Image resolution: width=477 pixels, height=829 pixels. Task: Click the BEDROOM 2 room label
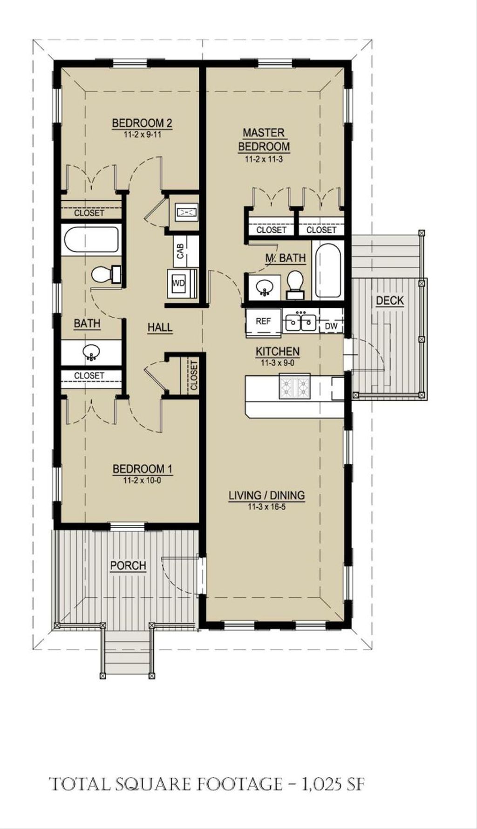click(x=142, y=123)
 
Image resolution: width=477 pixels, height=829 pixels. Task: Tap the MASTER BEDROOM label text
click(x=264, y=140)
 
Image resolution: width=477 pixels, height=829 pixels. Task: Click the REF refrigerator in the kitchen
click(x=263, y=321)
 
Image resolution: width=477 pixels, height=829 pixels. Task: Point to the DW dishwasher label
click(x=331, y=326)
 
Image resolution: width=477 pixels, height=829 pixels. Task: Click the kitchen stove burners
click(x=294, y=387)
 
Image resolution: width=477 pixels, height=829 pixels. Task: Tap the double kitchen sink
click(x=301, y=322)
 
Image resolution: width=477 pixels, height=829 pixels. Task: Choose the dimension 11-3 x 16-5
click(x=267, y=507)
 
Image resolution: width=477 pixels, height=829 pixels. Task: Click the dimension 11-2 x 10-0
click(x=142, y=480)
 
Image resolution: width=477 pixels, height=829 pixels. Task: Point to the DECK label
click(x=390, y=301)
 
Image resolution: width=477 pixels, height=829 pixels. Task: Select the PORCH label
click(x=128, y=565)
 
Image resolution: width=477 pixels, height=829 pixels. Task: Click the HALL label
click(x=160, y=327)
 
